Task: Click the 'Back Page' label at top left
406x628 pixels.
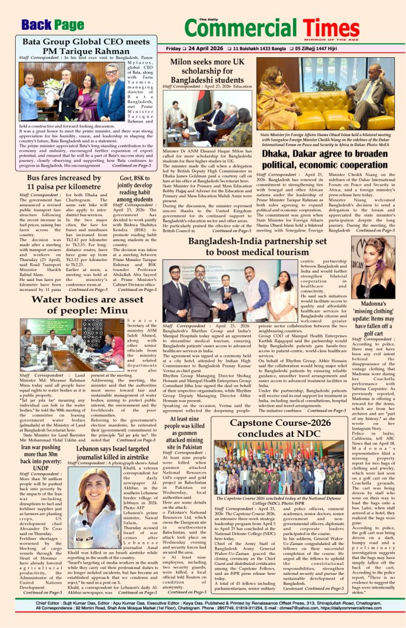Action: (x=52, y=25)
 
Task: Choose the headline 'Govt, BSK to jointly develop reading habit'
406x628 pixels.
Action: (x=135, y=189)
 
